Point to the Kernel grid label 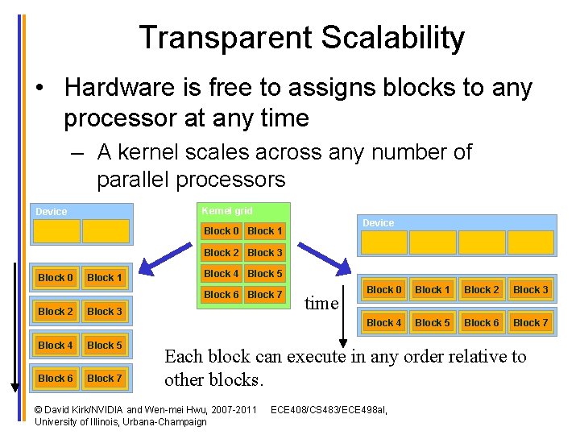pos(226,211)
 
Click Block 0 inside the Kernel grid pos(221,231)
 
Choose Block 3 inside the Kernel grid pos(264,253)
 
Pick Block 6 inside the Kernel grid pos(221,295)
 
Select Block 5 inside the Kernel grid pos(264,274)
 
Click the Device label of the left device pos(52,212)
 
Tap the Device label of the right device pos(379,223)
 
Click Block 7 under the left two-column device pos(105,379)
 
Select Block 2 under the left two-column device pos(56,312)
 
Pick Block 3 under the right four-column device pos(531,290)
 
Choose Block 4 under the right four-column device pos(383,323)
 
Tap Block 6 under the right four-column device pos(482,323)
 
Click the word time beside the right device pos(321,304)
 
